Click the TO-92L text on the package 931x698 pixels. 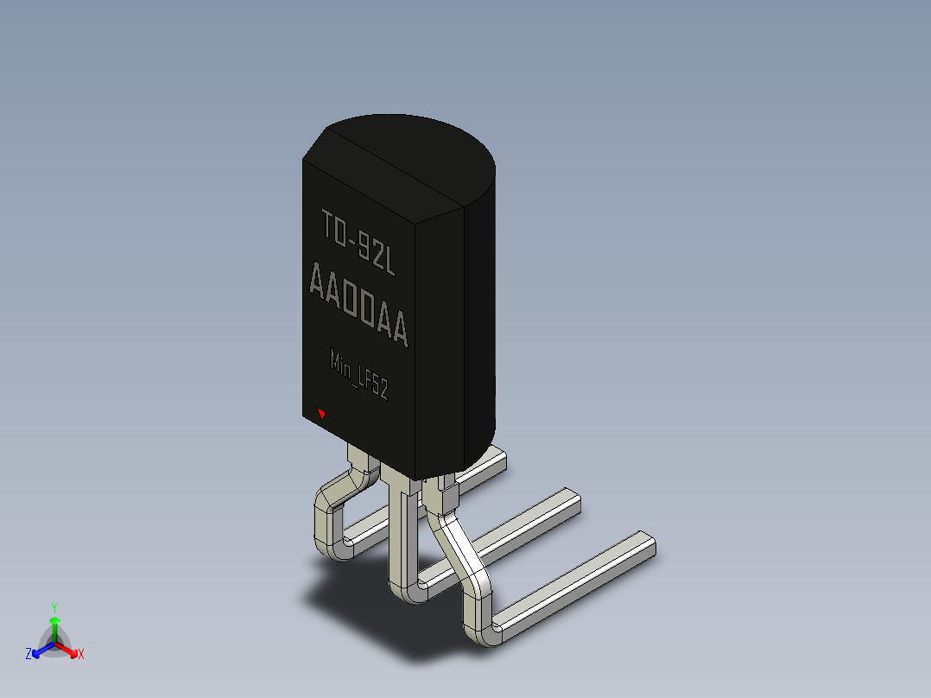[358, 242]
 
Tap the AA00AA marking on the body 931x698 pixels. [358, 304]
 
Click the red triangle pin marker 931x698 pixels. [321, 413]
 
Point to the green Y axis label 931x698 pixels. [54, 607]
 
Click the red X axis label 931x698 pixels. [81, 654]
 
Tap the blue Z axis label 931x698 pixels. [28, 654]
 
